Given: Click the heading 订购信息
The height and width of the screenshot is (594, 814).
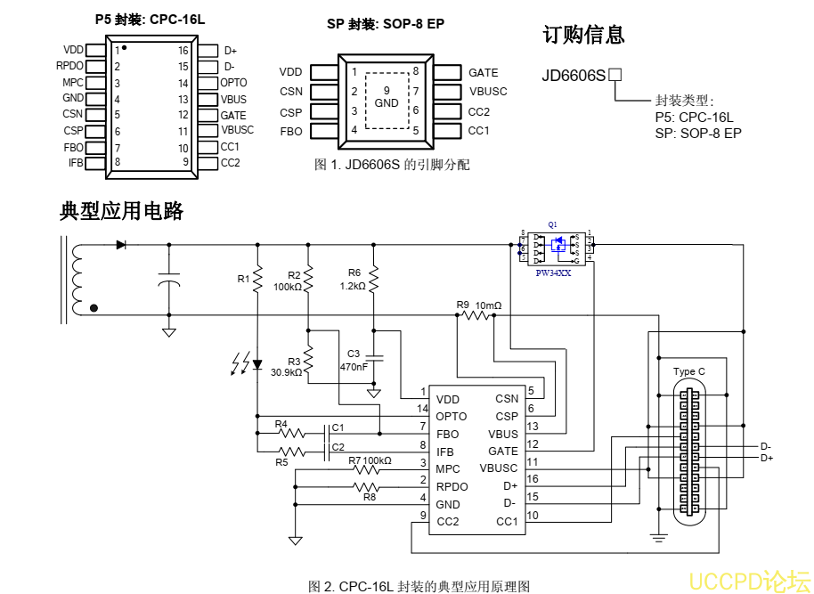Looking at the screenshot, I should tap(583, 35).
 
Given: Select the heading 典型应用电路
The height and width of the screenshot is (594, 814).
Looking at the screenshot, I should tap(121, 212).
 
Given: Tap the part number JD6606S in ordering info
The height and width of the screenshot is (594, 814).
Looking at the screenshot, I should tap(574, 76).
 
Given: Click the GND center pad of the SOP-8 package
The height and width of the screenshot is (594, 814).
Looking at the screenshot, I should tap(387, 97).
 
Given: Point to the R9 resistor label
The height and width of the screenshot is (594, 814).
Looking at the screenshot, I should tap(462, 305).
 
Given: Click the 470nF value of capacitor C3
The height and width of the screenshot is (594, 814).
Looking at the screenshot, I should tap(354, 367).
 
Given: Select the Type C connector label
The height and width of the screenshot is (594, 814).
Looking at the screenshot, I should tap(689, 371).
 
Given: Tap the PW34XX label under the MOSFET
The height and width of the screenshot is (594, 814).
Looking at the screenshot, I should tap(554, 273).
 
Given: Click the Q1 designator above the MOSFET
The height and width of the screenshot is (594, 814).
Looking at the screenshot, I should tap(553, 224).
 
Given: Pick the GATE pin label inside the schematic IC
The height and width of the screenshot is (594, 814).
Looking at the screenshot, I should tap(503, 452).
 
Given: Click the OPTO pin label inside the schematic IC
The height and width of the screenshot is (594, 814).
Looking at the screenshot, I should tap(452, 417).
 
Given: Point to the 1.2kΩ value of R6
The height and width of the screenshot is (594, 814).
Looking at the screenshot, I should tap(353, 287).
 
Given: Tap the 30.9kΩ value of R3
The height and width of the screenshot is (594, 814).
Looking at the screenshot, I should tap(287, 372).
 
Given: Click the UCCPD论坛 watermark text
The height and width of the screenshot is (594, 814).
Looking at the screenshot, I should tap(749, 581).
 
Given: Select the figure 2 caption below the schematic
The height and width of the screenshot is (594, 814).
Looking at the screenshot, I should tap(419, 586).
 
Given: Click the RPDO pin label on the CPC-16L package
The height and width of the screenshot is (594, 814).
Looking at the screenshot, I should tap(69, 66).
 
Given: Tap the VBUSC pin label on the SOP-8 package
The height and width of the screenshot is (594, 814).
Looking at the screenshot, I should tap(488, 92).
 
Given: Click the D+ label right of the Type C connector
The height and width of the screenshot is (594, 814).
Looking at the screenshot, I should tap(767, 458).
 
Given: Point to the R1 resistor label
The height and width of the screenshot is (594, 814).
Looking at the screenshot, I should tap(243, 280).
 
